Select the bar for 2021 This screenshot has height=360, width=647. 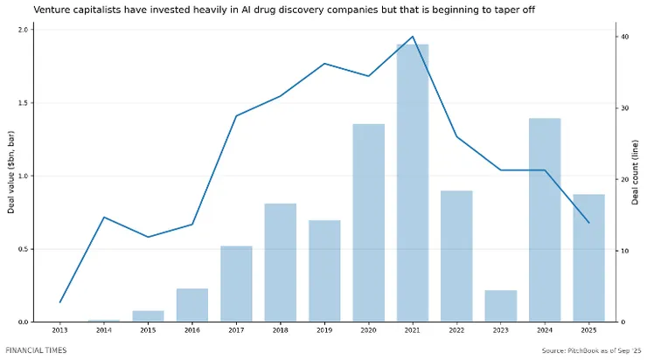413,183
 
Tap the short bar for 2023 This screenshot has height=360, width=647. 500,306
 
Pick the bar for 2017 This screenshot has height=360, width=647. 236,284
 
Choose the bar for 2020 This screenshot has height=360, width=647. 368,223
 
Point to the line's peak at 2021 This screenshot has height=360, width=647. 413,37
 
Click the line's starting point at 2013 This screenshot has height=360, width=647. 60,302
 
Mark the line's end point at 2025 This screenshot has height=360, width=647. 588,223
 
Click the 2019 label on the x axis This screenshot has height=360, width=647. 323,331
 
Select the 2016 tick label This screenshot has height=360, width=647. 191,331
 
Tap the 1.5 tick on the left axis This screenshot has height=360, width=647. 24,102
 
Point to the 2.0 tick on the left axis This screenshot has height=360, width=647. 24,29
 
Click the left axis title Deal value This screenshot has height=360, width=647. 11,175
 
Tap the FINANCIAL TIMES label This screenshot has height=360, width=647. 36,350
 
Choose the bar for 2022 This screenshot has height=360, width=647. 456,256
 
